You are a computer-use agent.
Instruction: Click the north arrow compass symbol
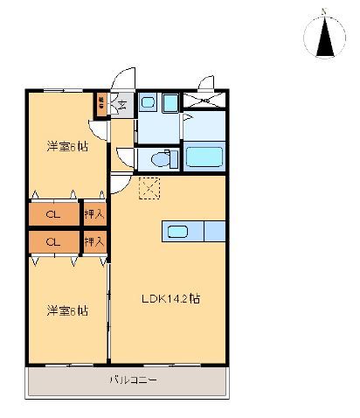click(324, 38)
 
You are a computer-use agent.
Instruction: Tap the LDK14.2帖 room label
click(171, 298)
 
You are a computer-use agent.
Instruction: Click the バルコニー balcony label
click(133, 380)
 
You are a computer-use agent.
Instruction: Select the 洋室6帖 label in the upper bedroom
click(66, 147)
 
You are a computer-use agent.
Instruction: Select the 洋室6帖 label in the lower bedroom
click(66, 310)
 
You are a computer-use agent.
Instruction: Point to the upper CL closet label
click(52, 213)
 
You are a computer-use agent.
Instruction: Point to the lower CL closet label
click(52, 240)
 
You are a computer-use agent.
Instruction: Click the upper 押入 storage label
click(93, 213)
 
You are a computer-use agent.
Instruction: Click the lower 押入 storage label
click(93, 240)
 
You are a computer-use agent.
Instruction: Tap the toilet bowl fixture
click(160, 159)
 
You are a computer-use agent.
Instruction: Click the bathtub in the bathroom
click(205, 158)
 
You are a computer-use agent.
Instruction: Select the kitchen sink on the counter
click(177, 231)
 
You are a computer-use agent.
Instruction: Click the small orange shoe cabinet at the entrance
click(102, 103)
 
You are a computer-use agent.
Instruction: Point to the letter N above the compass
click(324, 11)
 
